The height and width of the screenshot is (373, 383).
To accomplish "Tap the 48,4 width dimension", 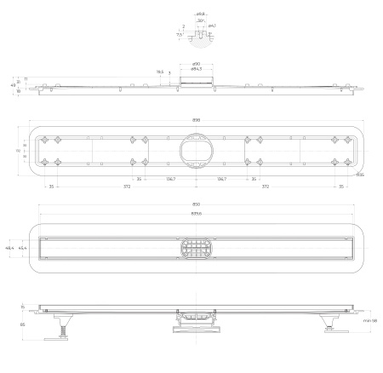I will [x=9, y=247].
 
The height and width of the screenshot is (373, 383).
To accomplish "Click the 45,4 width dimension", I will [x=22, y=247].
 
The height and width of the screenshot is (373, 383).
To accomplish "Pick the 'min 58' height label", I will [x=369, y=320].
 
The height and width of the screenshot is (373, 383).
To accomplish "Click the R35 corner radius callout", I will [x=360, y=175].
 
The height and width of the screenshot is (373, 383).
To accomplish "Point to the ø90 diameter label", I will [x=195, y=64].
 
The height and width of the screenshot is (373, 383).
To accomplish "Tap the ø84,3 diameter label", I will [x=196, y=70].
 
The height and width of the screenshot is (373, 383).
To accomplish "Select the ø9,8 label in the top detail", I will [x=201, y=14].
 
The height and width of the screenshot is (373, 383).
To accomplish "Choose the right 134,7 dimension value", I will [x=221, y=180].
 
